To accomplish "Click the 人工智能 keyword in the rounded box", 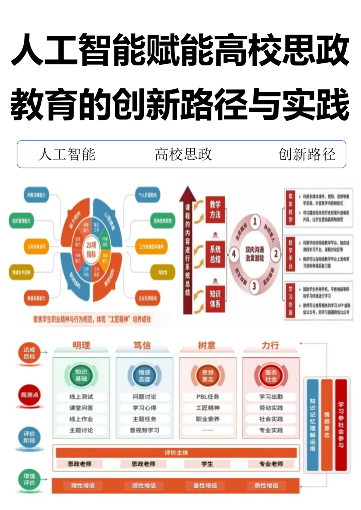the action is point(67,154).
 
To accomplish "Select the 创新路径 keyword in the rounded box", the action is point(307,154).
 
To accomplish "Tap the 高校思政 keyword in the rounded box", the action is point(183,154).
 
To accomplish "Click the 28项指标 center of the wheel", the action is point(91,249).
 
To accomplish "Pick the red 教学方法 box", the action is point(215,209).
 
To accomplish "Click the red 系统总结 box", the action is point(215,254).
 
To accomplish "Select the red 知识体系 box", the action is point(215,298).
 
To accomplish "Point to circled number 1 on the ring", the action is point(255,221).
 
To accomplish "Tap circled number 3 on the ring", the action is point(254,286).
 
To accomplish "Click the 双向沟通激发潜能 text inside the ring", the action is point(254,254).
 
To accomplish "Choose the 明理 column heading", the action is point(81,345).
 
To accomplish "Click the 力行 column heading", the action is point(270,345).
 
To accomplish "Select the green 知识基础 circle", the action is point(81,375).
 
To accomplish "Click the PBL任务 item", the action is point(208,397).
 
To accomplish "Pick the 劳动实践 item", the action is point(271,408).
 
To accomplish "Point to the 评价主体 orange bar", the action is point(176,453).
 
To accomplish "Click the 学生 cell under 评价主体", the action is point(207,464).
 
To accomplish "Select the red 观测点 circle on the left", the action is point(29,395).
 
